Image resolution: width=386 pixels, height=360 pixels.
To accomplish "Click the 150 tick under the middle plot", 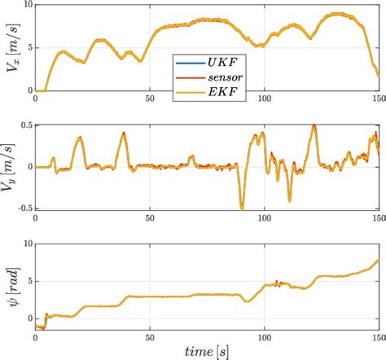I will click(378, 217).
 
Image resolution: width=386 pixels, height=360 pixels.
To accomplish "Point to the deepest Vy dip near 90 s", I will click(242, 209).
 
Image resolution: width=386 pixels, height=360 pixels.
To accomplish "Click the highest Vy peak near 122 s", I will click(314, 125).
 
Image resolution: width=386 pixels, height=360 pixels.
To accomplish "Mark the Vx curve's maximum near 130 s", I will click(336, 14).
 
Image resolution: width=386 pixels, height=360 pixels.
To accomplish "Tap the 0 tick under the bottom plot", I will click(36, 336).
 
